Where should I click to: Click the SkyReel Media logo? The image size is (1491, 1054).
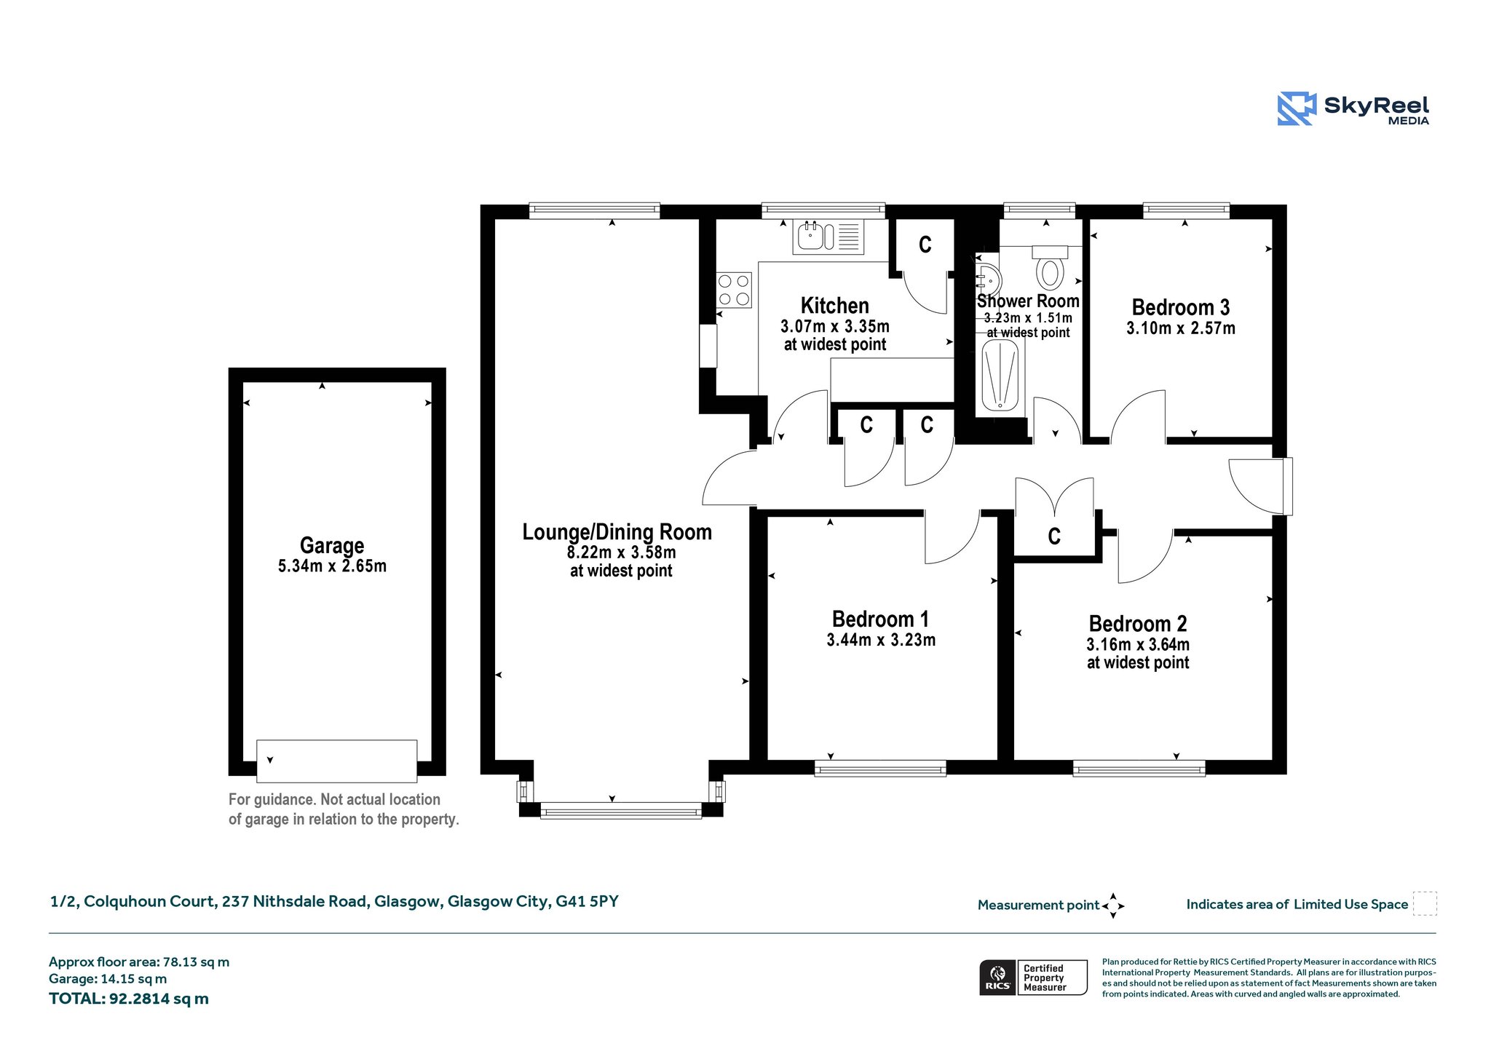(x=1353, y=109)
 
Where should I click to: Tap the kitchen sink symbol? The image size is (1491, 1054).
(x=828, y=237)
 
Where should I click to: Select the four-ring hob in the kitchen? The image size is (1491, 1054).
(x=734, y=290)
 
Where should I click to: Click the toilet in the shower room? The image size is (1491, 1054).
(x=1050, y=267)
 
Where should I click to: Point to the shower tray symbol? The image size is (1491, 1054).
(x=1000, y=376)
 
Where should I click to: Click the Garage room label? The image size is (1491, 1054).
(x=332, y=545)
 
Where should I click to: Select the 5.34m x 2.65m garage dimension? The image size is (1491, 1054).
(x=332, y=566)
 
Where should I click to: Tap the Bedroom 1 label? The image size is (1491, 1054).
(x=880, y=619)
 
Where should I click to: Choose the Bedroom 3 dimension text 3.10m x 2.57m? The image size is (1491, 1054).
(x=1181, y=328)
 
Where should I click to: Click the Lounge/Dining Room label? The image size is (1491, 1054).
(x=617, y=532)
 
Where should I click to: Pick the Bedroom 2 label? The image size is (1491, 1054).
(x=1138, y=624)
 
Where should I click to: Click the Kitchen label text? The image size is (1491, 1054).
(x=835, y=306)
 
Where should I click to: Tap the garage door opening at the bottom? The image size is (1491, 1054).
(x=337, y=761)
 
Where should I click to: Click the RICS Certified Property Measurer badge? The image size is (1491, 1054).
(x=1033, y=978)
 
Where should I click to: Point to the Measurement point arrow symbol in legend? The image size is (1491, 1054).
(x=1113, y=906)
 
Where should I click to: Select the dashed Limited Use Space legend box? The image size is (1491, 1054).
(x=1425, y=903)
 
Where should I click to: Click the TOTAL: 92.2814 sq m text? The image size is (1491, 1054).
(x=129, y=999)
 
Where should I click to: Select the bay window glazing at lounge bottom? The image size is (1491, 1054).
(x=621, y=810)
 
